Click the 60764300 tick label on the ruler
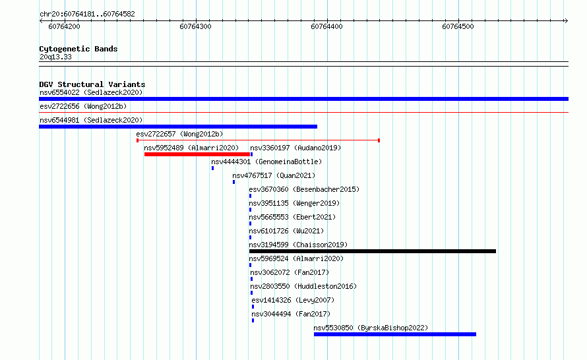(x=195, y=26)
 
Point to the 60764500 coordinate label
(x=458, y=26)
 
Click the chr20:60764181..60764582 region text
(x=87, y=15)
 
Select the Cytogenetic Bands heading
(x=78, y=49)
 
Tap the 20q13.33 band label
(x=55, y=57)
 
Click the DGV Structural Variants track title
(x=92, y=84)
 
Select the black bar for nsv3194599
(x=373, y=251)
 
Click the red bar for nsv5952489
(x=197, y=154)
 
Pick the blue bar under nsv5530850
(x=395, y=334)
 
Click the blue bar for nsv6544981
(x=178, y=127)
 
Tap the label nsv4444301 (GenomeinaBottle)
(x=266, y=162)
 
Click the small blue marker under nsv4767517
(x=233, y=182)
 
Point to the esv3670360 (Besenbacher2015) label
(x=304, y=189)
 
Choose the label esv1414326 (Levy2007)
(x=293, y=300)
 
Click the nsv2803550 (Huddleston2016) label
(x=303, y=286)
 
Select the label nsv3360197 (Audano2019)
(x=295, y=148)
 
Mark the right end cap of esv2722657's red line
(x=379, y=140)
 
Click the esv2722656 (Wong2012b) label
(x=83, y=106)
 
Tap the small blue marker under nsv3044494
(x=253, y=320)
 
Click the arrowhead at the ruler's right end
(x=566, y=21)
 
